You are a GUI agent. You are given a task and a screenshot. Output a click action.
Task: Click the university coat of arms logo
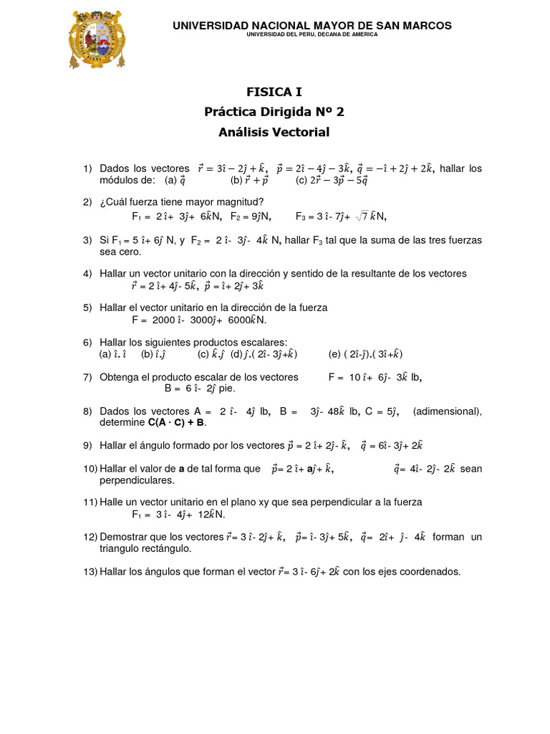tap(96, 39)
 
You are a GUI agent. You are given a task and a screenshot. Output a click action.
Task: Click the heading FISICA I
tap(274, 92)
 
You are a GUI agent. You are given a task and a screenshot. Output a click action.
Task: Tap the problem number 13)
tap(90, 572)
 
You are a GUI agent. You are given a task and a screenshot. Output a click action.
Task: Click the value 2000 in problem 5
tap(163, 320)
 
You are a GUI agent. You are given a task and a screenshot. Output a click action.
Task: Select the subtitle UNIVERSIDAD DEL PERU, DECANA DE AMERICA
tap(312, 34)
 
